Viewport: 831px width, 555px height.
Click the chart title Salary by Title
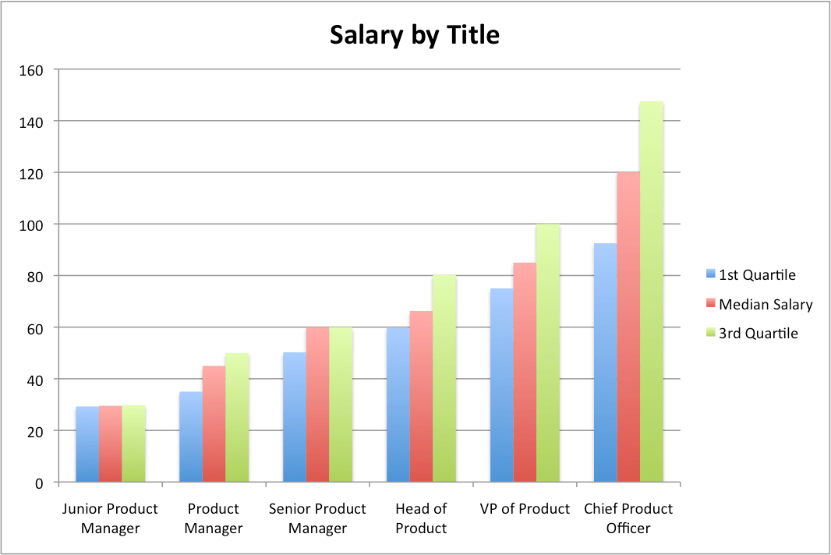414,35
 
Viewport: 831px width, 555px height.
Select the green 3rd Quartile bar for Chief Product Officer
651,292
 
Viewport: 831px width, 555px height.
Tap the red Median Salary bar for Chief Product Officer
628,327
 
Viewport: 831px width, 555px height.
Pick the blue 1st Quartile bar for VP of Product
501,386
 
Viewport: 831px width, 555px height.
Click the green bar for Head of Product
444,378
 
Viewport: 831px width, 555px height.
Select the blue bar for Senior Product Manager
295,417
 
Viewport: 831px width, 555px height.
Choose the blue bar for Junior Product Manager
87,444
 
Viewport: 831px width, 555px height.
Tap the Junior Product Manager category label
110,518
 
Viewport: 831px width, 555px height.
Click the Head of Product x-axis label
421,518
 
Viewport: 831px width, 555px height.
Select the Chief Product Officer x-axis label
628,518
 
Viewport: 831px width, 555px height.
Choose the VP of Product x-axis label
525,509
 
